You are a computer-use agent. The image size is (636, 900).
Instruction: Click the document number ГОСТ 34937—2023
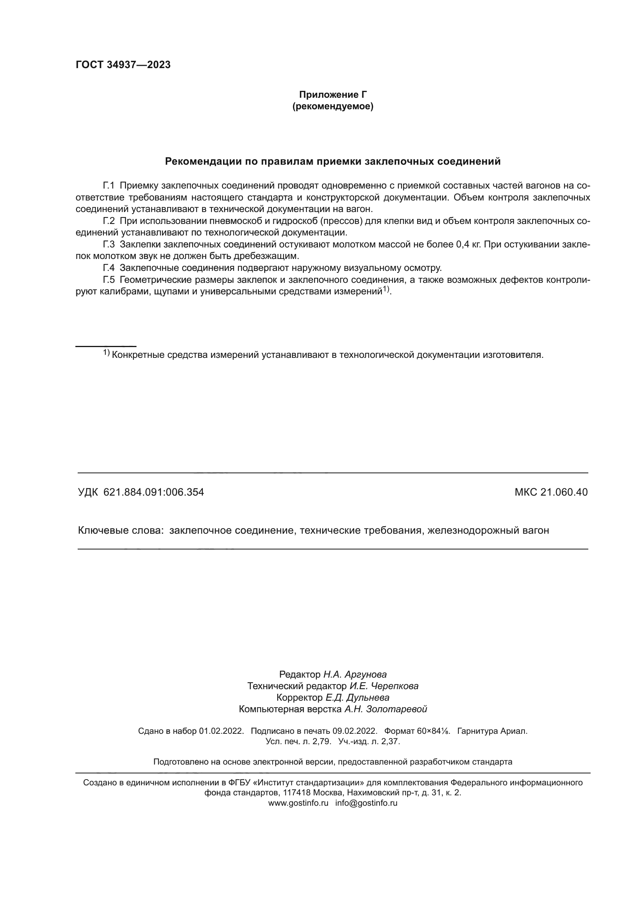click(123, 65)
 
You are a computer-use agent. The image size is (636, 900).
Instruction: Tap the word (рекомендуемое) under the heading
click(333, 106)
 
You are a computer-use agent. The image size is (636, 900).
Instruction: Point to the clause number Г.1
click(108, 185)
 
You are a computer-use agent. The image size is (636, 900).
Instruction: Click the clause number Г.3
click(108, 245)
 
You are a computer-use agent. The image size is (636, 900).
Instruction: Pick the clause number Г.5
click(108, 280)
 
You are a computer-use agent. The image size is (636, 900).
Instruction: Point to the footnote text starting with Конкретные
click(327, 355)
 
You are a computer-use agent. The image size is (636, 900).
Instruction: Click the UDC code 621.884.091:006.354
click(153, 492)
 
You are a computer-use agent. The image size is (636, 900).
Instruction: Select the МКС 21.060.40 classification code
click(551, 492)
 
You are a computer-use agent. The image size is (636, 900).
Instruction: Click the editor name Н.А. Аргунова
click(355, 674)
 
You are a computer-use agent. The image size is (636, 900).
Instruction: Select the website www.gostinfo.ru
click(298, 803)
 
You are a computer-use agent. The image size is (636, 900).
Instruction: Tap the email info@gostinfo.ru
click(366, 803)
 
